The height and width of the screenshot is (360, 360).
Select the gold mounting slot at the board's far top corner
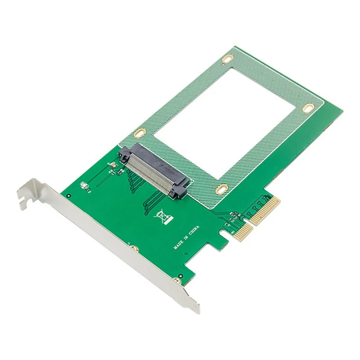point(228,58)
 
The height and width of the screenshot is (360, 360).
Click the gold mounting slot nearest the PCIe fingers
point(221,189)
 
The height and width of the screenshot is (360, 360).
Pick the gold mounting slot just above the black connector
point(140,133)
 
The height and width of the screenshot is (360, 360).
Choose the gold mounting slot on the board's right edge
point(308,108)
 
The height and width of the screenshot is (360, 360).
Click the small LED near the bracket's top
point(83,185)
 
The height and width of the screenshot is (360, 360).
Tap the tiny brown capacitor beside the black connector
point(113,166)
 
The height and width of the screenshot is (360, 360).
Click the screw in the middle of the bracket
point(132,248)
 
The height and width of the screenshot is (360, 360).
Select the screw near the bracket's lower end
point(177,281)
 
